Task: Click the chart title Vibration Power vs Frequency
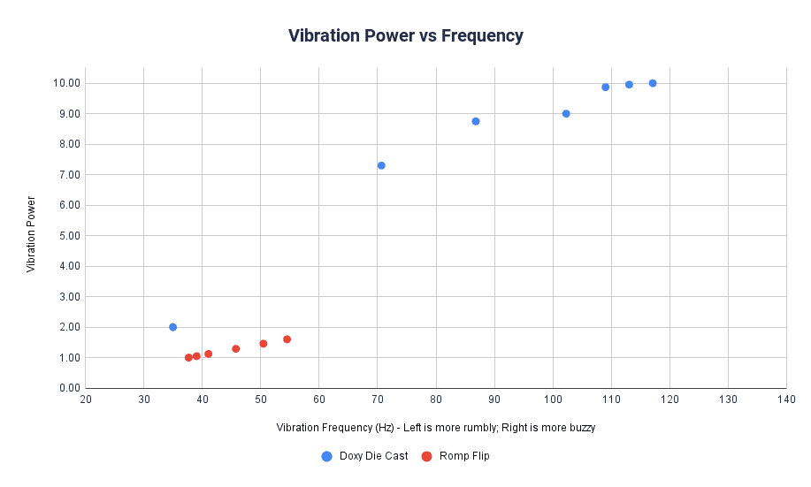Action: click(405, 36)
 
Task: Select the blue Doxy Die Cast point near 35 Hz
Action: click(172, 327)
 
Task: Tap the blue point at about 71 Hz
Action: click(381, 165)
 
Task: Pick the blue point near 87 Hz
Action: click(476, 121)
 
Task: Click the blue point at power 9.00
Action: click(566, 113)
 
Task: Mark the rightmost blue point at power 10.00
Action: click(653, 83)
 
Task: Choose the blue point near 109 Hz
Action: click(606, 87)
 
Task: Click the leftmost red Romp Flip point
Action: click(188, 357)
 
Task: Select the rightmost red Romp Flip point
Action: click(287, 339)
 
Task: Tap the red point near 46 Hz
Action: click(236, 348)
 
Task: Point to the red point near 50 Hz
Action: click(263, 344)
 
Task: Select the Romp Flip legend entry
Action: click(462, 456)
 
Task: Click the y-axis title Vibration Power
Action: click(31, 235)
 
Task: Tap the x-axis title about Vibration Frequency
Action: click(435, 428)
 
